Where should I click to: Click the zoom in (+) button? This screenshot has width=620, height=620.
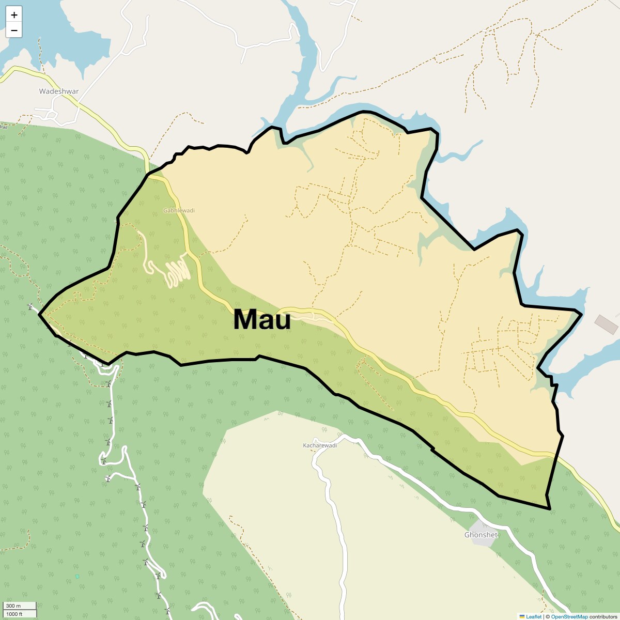[x=14, y=15]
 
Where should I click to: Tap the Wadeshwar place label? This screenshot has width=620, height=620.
[x=59, y=91]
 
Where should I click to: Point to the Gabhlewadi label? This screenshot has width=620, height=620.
[x=179, y=211]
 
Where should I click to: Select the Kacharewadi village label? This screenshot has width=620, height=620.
[x=319, y=445]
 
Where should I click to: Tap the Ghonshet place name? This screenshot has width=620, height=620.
[x=481, y=535]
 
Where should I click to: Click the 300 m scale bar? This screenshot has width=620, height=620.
[x=19, y=606]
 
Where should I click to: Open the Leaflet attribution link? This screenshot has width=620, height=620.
[x=534, y=616]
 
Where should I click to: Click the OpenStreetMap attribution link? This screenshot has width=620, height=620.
[x=569, y=616]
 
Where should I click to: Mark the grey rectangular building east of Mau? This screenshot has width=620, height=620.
[x=606, y=324]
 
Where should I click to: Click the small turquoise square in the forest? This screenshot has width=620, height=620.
[x=77, y=576]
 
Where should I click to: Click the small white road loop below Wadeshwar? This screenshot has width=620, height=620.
[x=52, y=114]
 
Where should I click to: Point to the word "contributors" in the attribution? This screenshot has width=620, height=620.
[x=603, y=616]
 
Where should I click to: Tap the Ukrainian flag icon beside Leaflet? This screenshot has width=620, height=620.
[x=522, y=616]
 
